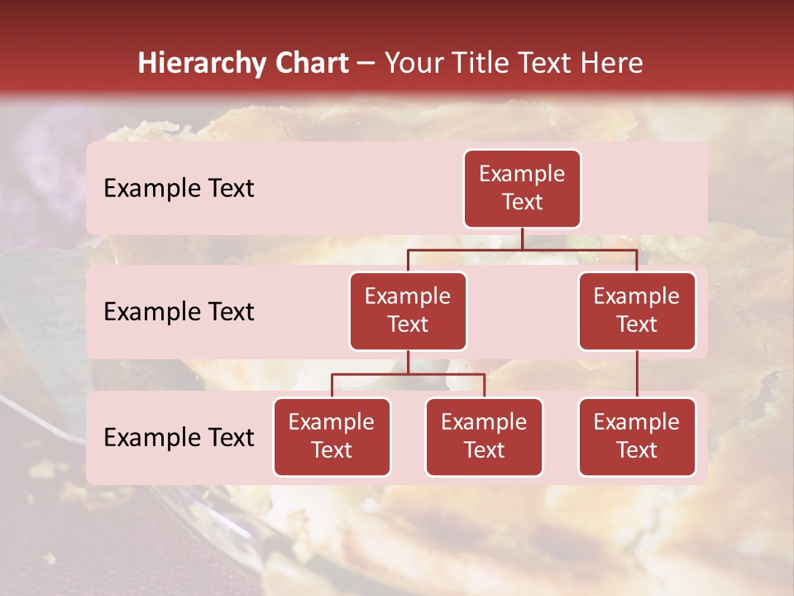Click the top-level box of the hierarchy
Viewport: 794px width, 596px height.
[x=522, y=188]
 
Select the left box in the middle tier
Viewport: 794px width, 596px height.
[x=408, y=310]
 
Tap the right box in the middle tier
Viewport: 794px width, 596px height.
[x=637, y=310]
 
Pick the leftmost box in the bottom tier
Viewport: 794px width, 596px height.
[x=332, y=436]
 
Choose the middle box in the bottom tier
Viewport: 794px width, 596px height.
[x=484, y=436]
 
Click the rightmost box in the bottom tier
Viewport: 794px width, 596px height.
[x=637, y=436]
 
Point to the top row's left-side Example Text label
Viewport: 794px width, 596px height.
[x=179, y=189]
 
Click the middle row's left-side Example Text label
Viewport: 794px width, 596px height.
[x=179, y=312]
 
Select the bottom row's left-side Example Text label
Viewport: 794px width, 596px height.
[x=179, y=438]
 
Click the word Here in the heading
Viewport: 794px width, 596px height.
[x=610, y=63]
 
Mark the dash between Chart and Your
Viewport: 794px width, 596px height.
[x=366, y=65]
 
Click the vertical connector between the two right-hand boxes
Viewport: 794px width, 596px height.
[x=637, y=374]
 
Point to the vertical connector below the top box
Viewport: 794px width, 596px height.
[x=522, y=238]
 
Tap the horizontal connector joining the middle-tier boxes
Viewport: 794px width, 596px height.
[x=522, y=249]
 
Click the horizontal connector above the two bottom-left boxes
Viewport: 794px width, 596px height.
[x=408, y=374]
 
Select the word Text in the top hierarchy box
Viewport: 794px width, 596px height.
[x=522, y=202]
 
